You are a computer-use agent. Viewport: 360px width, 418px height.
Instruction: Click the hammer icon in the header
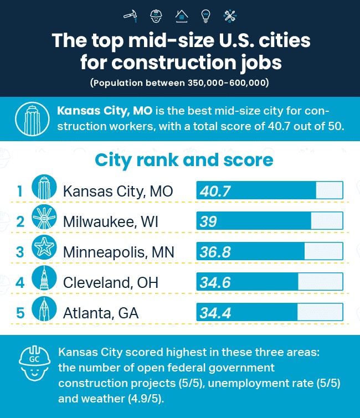click(131, 16)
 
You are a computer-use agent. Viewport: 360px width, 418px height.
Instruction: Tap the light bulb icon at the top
click(205, 16)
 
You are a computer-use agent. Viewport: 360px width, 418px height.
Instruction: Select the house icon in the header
click(181, 16)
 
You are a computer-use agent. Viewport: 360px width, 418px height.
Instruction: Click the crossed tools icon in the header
click(229, 16)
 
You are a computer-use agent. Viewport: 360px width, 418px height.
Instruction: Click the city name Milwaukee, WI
click(110, 222)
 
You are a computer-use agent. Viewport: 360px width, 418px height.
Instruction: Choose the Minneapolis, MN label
click(119, 252)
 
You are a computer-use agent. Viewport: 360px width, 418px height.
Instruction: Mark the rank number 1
click(20, 192)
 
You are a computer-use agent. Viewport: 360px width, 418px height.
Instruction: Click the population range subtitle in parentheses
click(180, 83)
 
